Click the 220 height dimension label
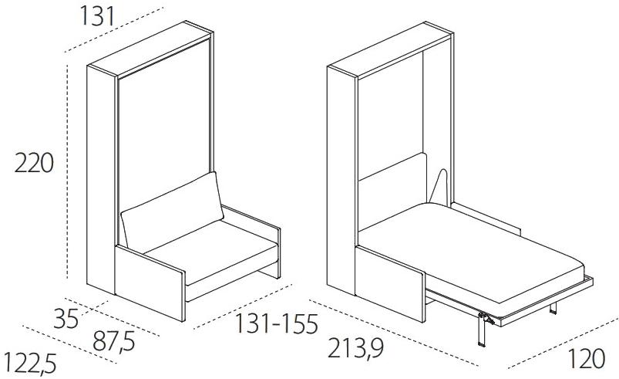point(34,163)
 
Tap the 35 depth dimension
point(66,319)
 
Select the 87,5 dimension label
point(114,341)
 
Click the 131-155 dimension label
point(276,324)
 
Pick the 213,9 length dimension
point(355,348)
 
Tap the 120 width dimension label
point(586,359)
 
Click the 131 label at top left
point(97,17)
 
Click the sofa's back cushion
point(172,211)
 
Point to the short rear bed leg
point(553,308)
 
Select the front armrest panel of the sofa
point(150,283)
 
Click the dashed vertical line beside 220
point(68,172)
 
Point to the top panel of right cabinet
point(390,49)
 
